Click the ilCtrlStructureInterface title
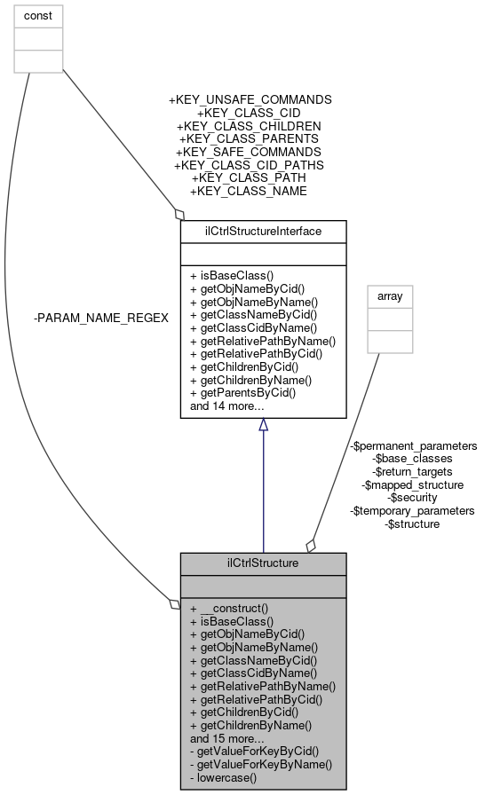point(263,232)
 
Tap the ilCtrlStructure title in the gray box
point(263,563)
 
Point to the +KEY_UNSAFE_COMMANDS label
point(250,100)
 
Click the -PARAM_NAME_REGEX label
point(100,318)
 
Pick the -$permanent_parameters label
point(413,445)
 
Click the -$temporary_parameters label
point(413,510)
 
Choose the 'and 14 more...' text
point(226,406)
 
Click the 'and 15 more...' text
point(226,737)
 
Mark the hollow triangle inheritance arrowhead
point(263,426)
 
